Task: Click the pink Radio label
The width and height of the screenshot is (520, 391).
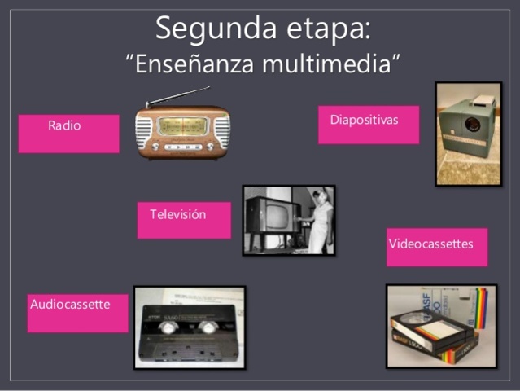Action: coord(68,134)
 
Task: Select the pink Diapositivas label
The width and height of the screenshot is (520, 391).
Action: coord(368,125)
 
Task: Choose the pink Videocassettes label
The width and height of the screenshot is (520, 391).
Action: coord(436,247)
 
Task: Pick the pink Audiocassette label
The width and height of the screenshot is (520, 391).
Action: coord(77,313)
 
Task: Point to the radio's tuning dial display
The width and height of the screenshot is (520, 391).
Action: coord(183,125)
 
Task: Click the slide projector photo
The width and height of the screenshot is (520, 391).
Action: coord(468,134)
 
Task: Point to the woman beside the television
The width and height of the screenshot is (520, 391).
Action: coord(320,218)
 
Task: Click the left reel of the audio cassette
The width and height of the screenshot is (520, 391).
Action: coord(168,328)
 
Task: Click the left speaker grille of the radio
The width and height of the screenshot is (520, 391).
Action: coord(145,130)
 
